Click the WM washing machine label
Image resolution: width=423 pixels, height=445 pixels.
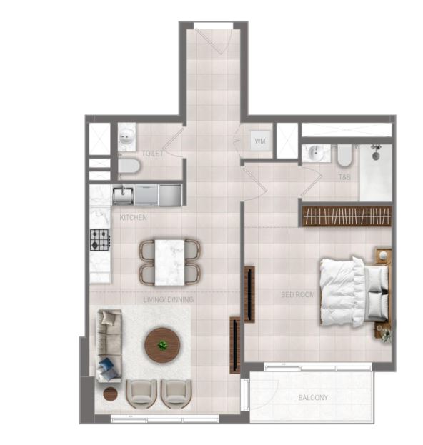tap(260, 141)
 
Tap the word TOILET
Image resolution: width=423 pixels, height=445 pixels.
tap(153, 154)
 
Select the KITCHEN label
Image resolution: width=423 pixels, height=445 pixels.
tap(133, 218)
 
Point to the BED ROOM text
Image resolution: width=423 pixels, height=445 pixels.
tap(298, 294)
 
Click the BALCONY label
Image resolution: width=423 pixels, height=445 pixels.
tap(313, 398)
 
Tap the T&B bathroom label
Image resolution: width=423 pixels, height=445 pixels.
tap(344, 177)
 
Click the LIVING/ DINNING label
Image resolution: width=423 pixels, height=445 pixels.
tap(169, 299)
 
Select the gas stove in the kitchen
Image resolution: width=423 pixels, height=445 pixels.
tap(100, 240)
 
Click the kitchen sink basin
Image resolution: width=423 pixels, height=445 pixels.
tap(123, 195)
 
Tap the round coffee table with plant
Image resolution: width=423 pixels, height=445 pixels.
tap(162, 345)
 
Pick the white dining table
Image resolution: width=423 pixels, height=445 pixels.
tap(169, 263)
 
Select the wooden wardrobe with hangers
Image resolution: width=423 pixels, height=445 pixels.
tap(347, 216)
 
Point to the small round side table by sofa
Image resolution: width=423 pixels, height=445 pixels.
tap(111, 394)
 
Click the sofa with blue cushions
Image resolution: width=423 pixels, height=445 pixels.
tap(109, 346)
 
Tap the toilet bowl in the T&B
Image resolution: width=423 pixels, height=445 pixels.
tap(344, 156)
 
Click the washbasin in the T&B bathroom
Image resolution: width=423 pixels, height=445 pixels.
tap(315, 154)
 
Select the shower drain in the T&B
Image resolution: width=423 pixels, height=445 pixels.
tap(376, 156)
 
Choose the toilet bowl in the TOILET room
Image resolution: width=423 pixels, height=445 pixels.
tap(129, 166)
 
